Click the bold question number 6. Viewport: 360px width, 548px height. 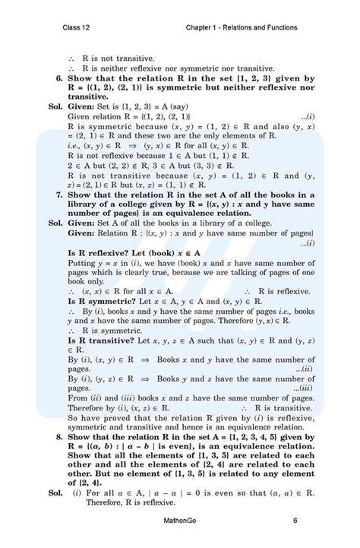(x=59, y=78)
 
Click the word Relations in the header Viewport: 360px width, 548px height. (x=233, y=28)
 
